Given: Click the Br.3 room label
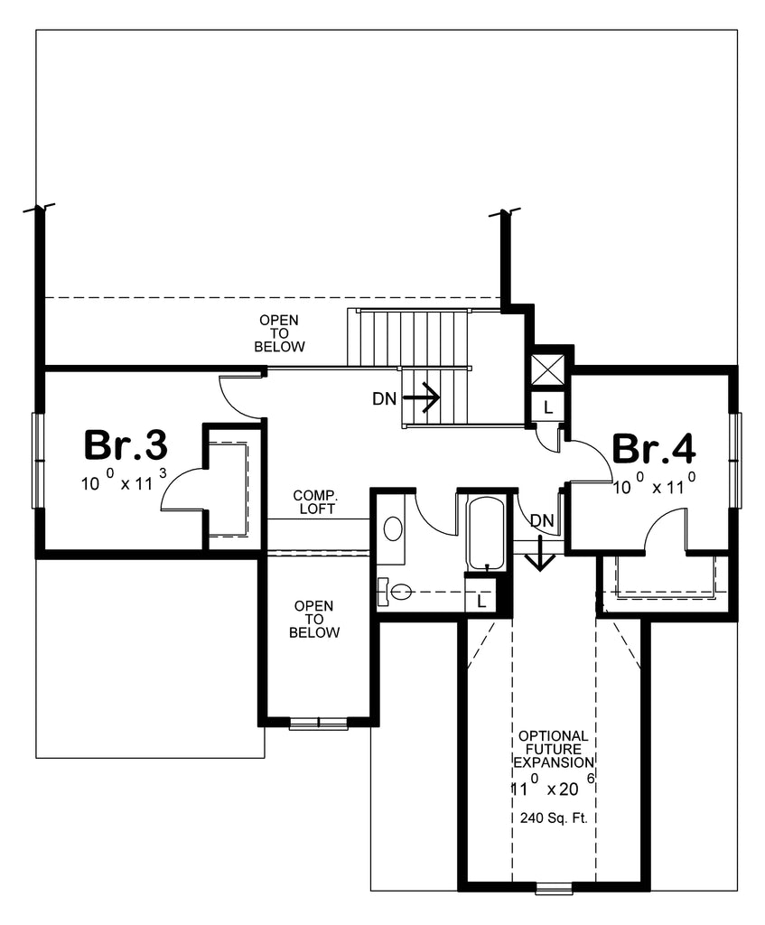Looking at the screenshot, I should tap(126, 444).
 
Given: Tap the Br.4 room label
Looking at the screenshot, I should tap(654, 449).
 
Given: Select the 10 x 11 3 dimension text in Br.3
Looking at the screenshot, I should tap(125, 482).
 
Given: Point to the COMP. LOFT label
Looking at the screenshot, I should tap(314, 502).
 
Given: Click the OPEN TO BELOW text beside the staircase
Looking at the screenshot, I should tap(279, 333).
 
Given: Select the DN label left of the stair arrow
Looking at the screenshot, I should tap(383, 397).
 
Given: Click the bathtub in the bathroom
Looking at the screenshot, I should tap(487, 533).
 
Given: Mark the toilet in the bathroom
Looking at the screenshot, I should tap(396, 593).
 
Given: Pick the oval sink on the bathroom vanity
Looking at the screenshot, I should tap(394, 528).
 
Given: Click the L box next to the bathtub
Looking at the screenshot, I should tap(480, 600).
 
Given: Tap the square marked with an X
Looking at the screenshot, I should tap(548, 370).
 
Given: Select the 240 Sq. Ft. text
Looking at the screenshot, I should tap(554, 818).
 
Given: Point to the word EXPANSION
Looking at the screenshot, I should tap(554, 762).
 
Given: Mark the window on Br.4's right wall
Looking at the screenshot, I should tap(736, 458).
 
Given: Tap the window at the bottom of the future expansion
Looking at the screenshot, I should tap(554, 889).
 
